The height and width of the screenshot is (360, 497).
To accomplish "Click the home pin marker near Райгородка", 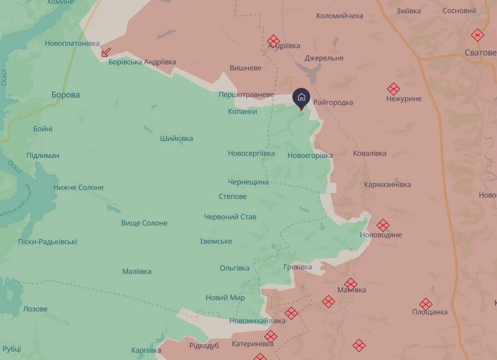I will tap(301, 97).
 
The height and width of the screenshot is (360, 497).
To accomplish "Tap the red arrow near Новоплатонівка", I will tap(106, 52).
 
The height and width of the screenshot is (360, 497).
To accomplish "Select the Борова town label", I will tap(66, 95).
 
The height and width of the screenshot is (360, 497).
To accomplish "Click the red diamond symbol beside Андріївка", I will tap(273, 41).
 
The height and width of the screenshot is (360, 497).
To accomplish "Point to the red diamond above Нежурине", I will tap(394, 89).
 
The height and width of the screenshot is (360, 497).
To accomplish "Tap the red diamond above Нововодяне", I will tap(382, 225).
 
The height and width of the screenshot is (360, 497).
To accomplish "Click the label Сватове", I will tap(481, 52).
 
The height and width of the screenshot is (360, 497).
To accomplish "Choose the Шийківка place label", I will tap(176, 138).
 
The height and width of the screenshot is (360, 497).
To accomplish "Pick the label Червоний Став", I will tap(230, 216).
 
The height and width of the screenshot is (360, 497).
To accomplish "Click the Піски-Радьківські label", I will tap(47, 241).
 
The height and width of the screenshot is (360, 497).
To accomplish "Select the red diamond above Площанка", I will tap(426, 304).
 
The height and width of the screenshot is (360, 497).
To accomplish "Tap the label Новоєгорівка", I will tap(310, 155).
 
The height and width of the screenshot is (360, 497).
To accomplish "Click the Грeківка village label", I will tap(297, 267).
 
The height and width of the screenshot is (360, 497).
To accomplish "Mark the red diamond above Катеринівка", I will tap(271, 336).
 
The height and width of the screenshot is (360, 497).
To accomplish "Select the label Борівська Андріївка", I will tap(142, 62).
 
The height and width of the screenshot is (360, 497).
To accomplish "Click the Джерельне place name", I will tap(324, 58).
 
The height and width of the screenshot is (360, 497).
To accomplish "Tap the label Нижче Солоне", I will tap(78, 188).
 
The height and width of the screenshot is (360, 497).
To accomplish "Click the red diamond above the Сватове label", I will tap(478, 35).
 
